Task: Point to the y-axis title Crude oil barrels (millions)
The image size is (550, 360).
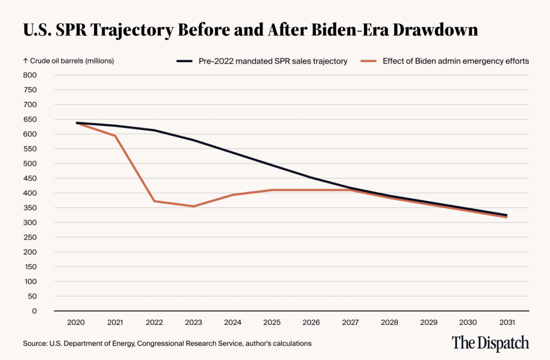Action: coord(69,61)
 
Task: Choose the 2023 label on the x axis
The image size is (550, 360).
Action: coord(194,322)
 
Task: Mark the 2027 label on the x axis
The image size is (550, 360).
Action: coord(350,322)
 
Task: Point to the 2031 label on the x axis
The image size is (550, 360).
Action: coord(507,322)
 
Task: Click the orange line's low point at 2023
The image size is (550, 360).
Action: coord(194,206)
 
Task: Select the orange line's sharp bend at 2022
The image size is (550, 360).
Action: coord(155,201)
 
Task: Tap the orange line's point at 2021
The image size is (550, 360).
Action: coord(116,136)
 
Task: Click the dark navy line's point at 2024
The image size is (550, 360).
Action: coord(233,153)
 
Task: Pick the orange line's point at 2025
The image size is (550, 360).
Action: coord(272,190)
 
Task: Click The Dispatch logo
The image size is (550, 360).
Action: coord(490,343)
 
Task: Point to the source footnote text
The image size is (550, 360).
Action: coord(167,344)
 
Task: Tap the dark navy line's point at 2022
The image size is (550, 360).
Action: coord(155,130)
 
